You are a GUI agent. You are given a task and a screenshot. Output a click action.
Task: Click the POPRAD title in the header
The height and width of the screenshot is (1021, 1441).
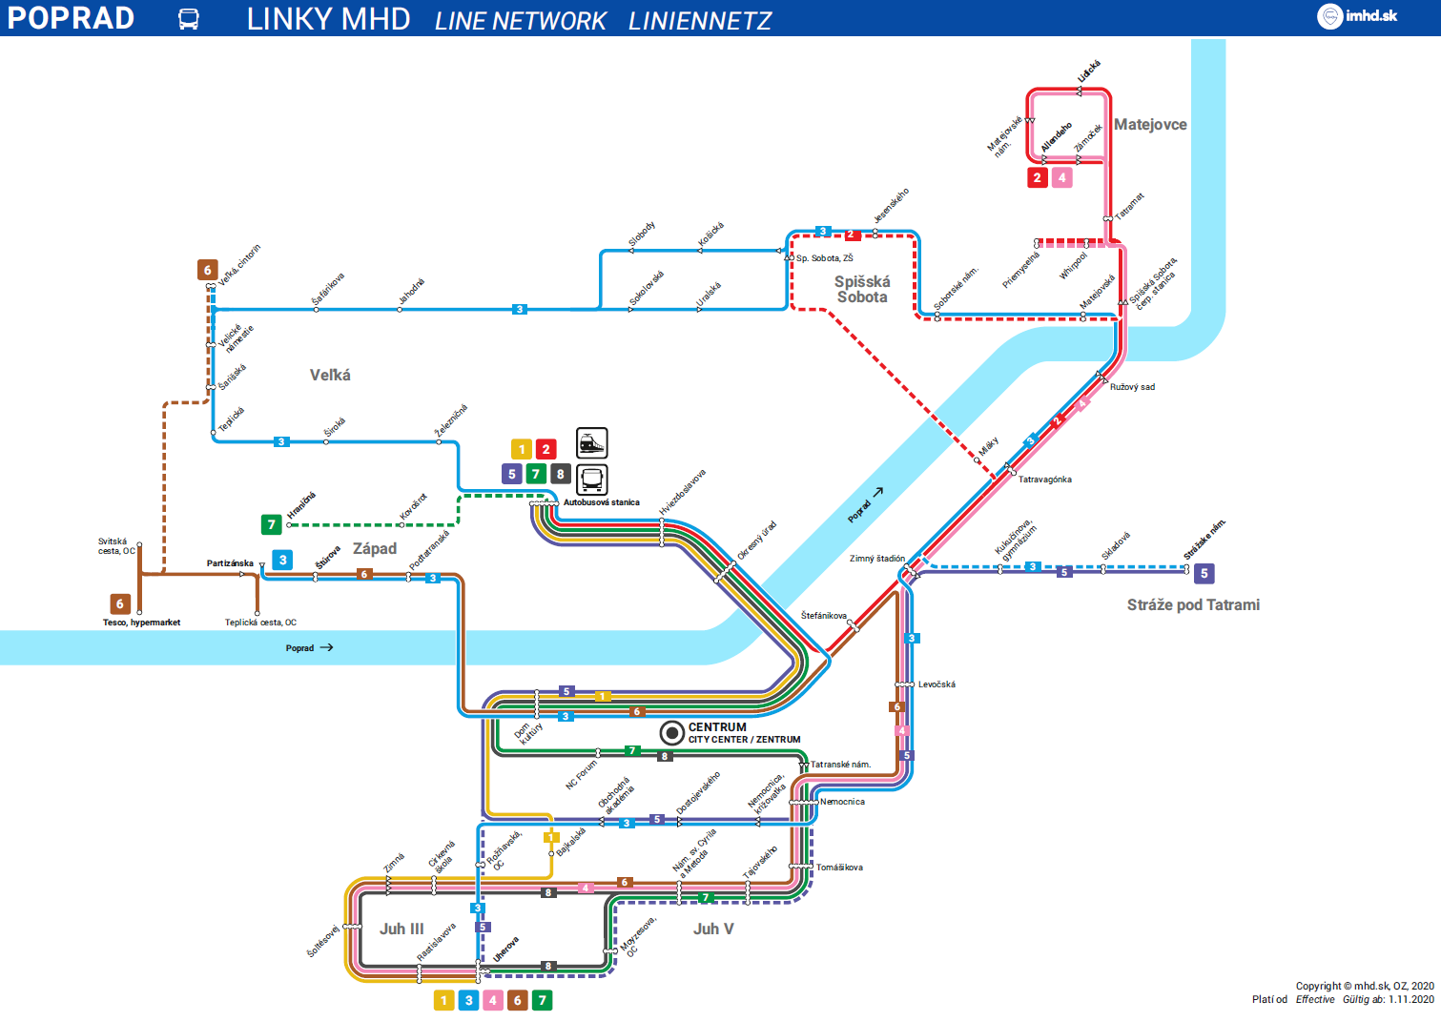pyautogui.click(x=71, y=18)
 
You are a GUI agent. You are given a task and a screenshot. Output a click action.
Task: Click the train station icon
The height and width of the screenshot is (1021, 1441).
pyautogui.click(x=591, y=443)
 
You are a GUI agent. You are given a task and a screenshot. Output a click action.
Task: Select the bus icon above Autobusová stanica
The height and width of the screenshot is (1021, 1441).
pyautogui.click(x=591, y=479)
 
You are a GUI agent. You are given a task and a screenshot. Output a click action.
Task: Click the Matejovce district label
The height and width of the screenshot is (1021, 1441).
pyautogui.click(x=1150, y=125)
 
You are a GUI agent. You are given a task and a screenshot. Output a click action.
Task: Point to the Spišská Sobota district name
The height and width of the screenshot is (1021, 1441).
pyautogui.click(x=862, y=289)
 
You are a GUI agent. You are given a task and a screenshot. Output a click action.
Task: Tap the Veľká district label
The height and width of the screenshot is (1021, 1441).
pyautogui.click(x=330, y=376)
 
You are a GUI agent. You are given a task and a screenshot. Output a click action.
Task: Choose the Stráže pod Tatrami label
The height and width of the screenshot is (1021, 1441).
pyautogui.click(x=1193, y=605)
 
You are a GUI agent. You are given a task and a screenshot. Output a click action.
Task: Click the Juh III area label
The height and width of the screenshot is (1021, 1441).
pyautogui.click(x=401, y=929)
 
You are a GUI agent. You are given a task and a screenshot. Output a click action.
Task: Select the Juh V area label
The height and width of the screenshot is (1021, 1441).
pyautogui.click(x=713, y=929)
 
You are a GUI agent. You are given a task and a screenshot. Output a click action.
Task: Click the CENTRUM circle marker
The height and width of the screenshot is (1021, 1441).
pyautogui.click(x=672, y=733)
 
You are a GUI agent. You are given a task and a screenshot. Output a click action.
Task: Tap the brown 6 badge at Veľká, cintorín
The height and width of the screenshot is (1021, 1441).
pyautogui.click(x=207, y=270)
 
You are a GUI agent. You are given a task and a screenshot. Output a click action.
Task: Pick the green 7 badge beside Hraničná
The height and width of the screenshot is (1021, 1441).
pyautogui.click(x=272, y=524)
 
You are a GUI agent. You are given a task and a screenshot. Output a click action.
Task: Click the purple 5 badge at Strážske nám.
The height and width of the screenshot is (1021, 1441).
pyautogui.click(x=1204, y=574)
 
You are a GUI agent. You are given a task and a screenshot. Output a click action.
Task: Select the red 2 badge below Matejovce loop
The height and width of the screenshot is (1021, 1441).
pyautogui.click(x=1038, y=177)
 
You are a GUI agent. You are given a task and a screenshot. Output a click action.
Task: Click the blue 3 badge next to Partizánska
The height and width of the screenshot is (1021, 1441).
pyautogui.click(x=282, y=560)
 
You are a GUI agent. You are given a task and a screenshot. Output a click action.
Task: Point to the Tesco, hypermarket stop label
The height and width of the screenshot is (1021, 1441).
pyautogui.click(x=141, y=623)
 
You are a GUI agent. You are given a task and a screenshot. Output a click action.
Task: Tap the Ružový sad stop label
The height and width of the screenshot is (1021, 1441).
pyautogui.click(x=1132, y=387)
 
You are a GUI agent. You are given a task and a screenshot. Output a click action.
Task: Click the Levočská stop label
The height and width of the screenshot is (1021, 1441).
pyautogui.click(x=937, y=684)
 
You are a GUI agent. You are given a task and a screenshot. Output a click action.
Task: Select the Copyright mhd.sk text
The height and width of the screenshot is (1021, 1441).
pyautogui.click(x=1364, y=986)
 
